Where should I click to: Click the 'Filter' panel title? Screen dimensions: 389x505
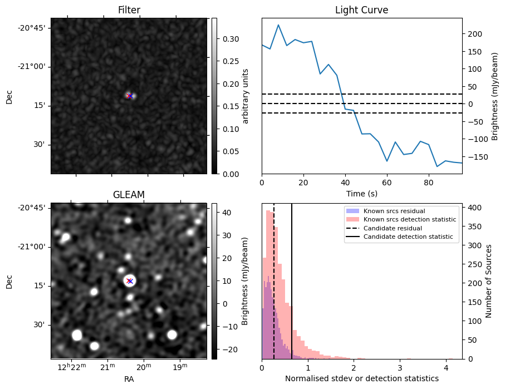click(129, 10)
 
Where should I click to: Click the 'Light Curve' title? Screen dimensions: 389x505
click(361, 10)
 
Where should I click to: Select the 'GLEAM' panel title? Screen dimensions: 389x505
click(129, 195)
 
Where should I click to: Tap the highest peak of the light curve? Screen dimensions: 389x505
click(278, 25)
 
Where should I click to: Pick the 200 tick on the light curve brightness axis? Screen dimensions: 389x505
click(474, 34)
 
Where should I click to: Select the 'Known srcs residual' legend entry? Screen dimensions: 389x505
click(394, 211)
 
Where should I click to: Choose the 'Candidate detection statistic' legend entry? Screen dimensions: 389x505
click(408, 237)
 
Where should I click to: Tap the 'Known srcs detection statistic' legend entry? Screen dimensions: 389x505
click(409, 220)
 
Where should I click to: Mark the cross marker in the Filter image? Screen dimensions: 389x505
click(129, 96)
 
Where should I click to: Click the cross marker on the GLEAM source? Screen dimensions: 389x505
click(129, 281)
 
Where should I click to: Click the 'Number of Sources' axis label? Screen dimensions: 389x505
click(489, 281)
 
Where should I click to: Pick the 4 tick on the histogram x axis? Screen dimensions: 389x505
click(446, 367)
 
